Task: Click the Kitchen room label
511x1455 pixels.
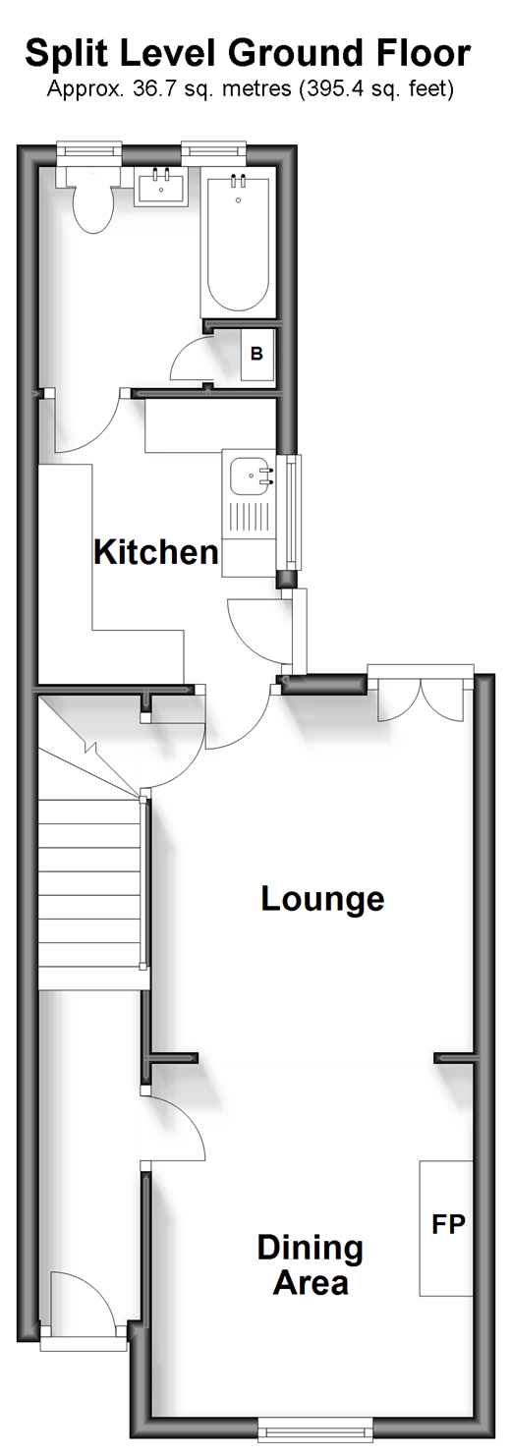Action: (156, 552)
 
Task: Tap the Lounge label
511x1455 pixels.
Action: (322, 900)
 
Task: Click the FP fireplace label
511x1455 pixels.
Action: (448, 1224)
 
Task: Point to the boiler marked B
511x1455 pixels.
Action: (256, 355)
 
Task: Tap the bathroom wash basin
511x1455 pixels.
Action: (160, 187)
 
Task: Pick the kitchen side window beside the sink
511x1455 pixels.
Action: (290, 511)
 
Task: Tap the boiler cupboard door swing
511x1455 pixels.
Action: (189, 360)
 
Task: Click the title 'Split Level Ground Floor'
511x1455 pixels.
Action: (248, 53)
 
